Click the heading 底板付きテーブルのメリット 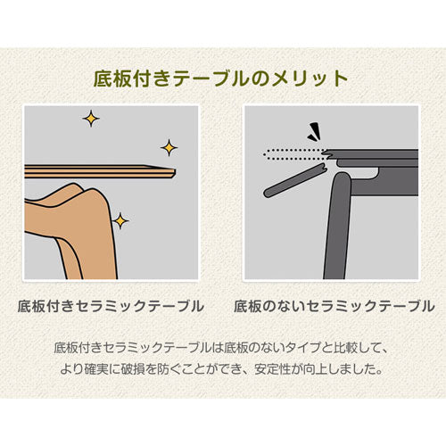(220, 78)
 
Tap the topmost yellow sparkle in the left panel (91, 119)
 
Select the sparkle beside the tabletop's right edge (169, 147)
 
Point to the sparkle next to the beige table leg (120, 220)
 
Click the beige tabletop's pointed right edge (174, 172)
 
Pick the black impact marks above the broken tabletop (315, 132)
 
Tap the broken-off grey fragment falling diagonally (295, 180)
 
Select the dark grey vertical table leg (338, 226)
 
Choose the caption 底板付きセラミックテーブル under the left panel (111, 306)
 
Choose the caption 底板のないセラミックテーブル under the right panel (334, 306)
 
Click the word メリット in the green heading (310, 78)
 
